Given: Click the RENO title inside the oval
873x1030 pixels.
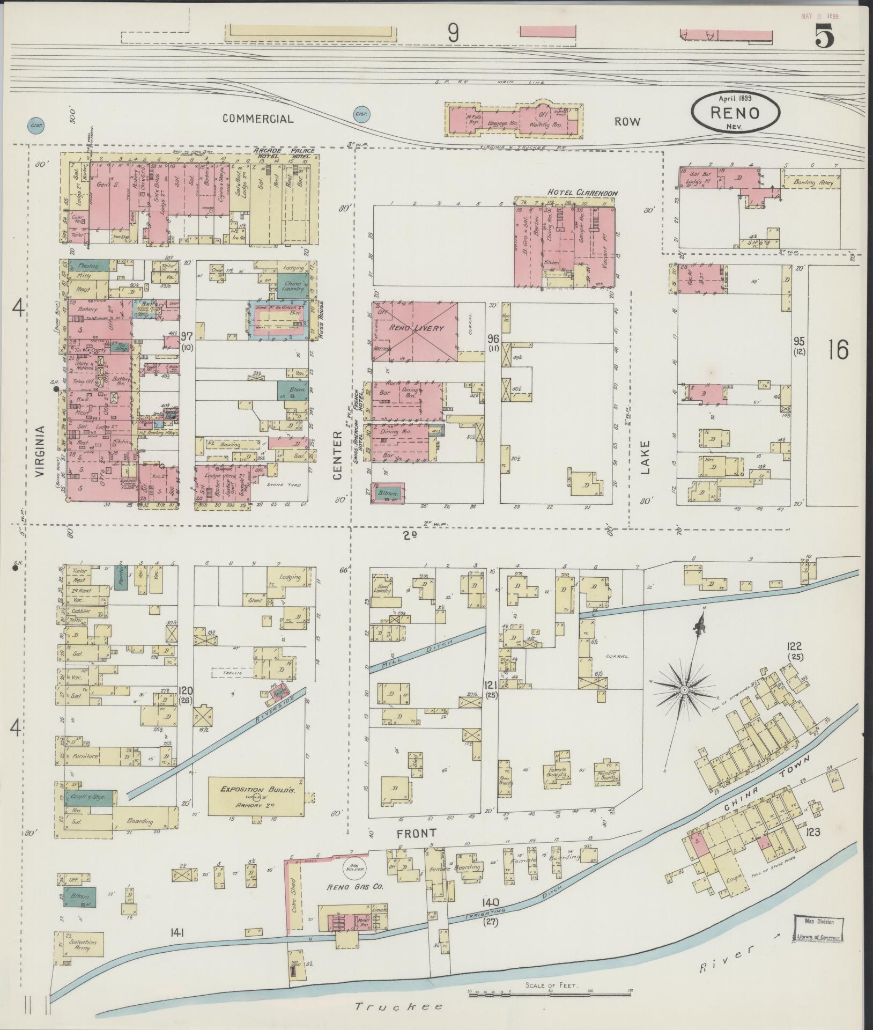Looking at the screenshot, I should point(735,113).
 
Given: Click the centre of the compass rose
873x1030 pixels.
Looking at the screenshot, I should point(685,690).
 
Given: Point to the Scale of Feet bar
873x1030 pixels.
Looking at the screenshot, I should point(551,996).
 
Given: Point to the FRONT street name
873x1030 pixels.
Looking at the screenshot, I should point(416,848).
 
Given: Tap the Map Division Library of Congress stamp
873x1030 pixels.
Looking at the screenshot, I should point(818,929).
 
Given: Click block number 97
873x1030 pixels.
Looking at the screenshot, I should point(186,336).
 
